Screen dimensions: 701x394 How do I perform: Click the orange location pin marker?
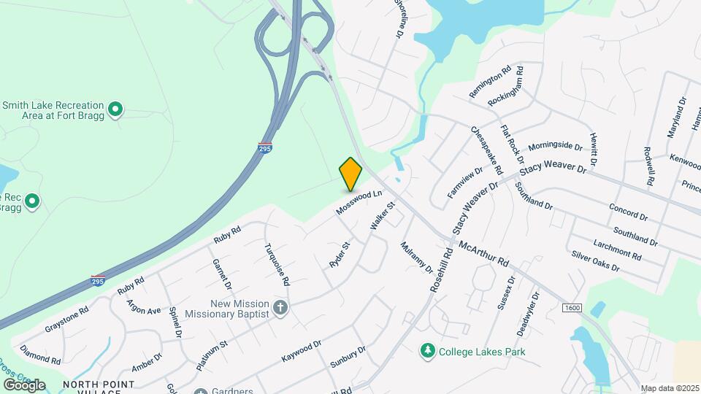click(350, 174)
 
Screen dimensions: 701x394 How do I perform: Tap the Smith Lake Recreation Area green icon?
click(115, 110)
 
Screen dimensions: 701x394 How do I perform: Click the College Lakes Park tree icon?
click(427, 352)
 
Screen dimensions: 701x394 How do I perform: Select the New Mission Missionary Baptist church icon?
click(280, 308)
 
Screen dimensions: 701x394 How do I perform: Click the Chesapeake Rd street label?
click(487, 150)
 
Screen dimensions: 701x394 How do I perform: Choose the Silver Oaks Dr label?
click(595, 262)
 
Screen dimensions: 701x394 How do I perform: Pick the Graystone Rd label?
click(66, 319)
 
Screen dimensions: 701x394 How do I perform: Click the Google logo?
click(24, 385)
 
